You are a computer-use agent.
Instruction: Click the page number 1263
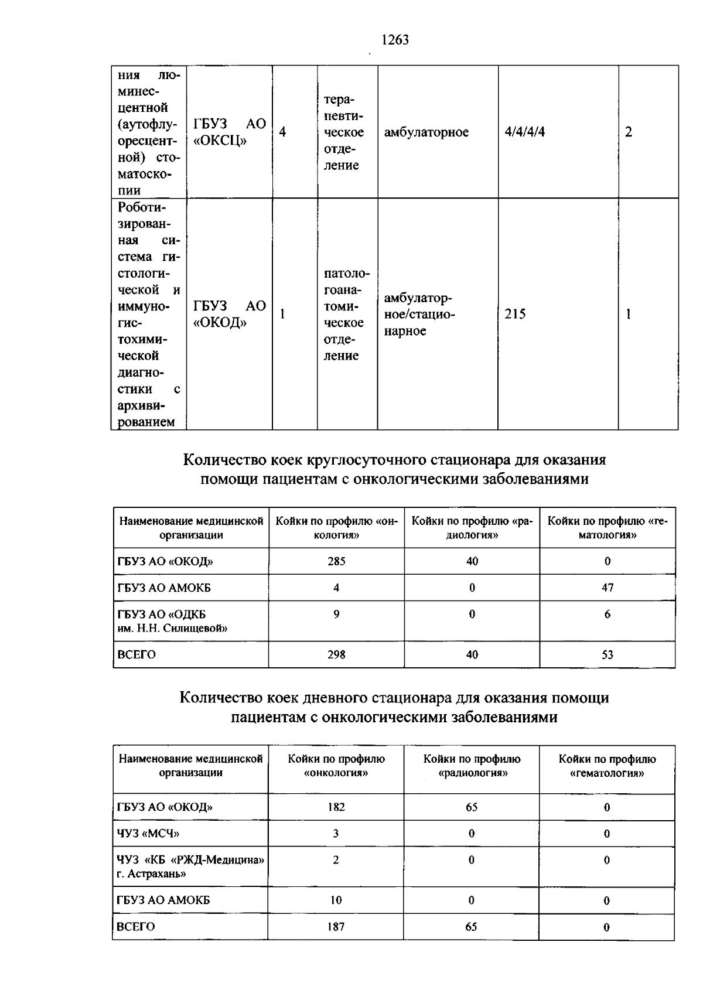(x=394, y=40)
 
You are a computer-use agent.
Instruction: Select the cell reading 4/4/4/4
(x=524, y=132)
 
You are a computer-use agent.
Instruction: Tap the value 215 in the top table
(x=515, y=314)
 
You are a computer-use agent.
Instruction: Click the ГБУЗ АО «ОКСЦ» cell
(x=229, y=132)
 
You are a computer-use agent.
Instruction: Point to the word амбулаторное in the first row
(x=426, y=132)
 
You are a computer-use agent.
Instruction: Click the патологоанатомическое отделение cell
(x=347, y=314)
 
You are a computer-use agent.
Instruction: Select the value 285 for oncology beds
(x=336, y=561)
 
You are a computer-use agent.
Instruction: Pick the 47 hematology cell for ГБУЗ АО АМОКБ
(x=608, y=588)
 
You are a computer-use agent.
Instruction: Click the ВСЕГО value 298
(x=336, y=654)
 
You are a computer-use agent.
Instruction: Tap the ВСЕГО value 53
(x=608, y=654)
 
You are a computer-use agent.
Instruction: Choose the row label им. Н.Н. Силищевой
(x=172, y=628)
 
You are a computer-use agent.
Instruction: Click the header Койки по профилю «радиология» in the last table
(x=472, y=766)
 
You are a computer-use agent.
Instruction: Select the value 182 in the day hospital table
(x=336, y=807)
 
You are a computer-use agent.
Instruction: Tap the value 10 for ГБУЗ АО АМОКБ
(x=336, y=900)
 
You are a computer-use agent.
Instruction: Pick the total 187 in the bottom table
(x=336, y=927)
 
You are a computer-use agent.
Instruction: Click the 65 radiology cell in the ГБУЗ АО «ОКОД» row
(x=472, y=807)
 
